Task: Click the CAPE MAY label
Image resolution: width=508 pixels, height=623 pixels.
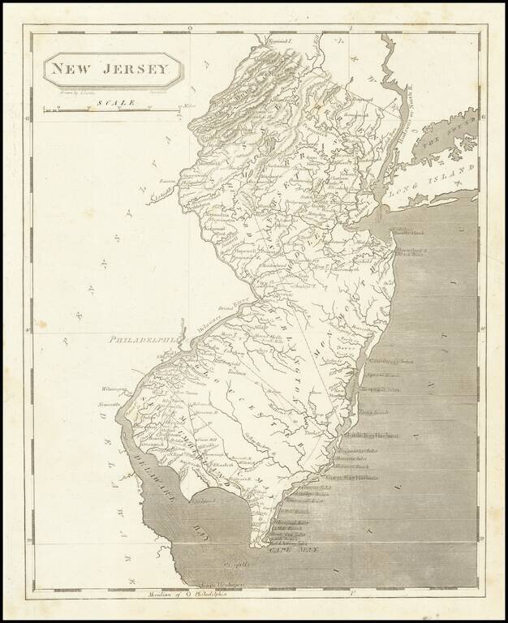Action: (295, 549)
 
